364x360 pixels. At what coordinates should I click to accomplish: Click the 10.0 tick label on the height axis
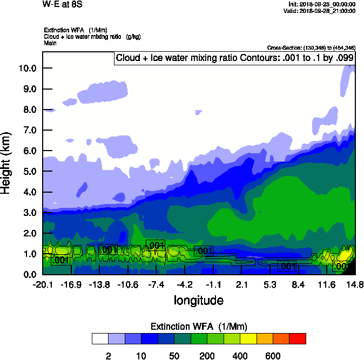click(27, 69)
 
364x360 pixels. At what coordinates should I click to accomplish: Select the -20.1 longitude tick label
click(42, 284)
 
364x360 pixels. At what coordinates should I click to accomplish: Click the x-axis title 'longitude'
click(198, 300)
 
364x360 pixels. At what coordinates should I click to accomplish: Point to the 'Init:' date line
click(322, 4)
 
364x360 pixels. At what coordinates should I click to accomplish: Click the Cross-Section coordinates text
click(311, 48)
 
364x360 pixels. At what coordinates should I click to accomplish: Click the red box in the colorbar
click(298, 338)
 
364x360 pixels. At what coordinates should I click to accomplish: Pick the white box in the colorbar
click(100, 338)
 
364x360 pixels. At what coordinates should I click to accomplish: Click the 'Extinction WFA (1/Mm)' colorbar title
click(198, 327)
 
